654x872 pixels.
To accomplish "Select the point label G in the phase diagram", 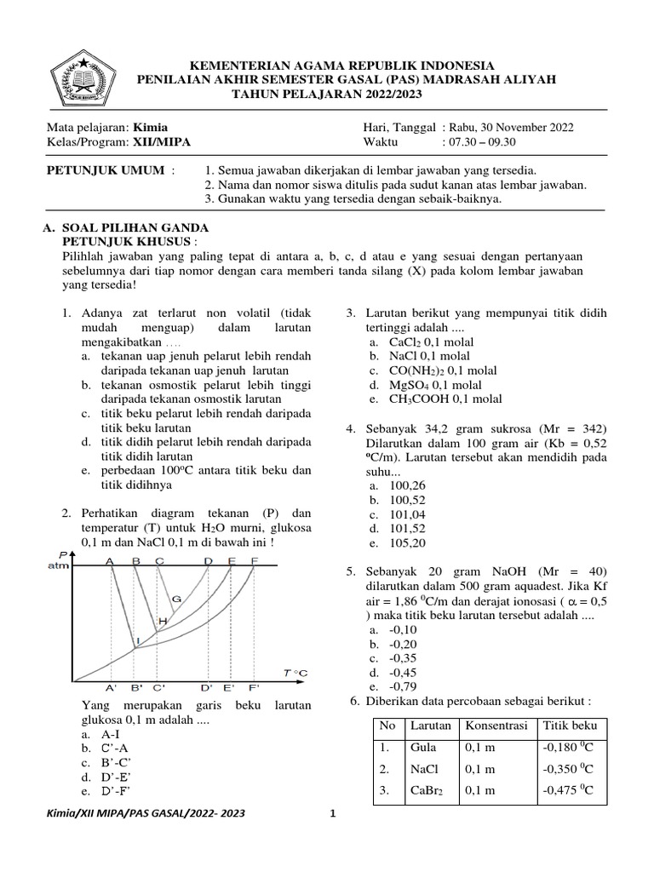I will click(x=176, y=599).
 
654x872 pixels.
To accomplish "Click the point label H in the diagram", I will click(x=162, y=622).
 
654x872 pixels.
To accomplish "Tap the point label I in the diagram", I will click(x=138, y=640).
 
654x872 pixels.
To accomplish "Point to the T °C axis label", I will click(x=295, y=673).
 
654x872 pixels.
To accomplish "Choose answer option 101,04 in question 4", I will click(x=407, y=513).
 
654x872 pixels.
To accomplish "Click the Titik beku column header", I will click(x=570, y=726).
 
